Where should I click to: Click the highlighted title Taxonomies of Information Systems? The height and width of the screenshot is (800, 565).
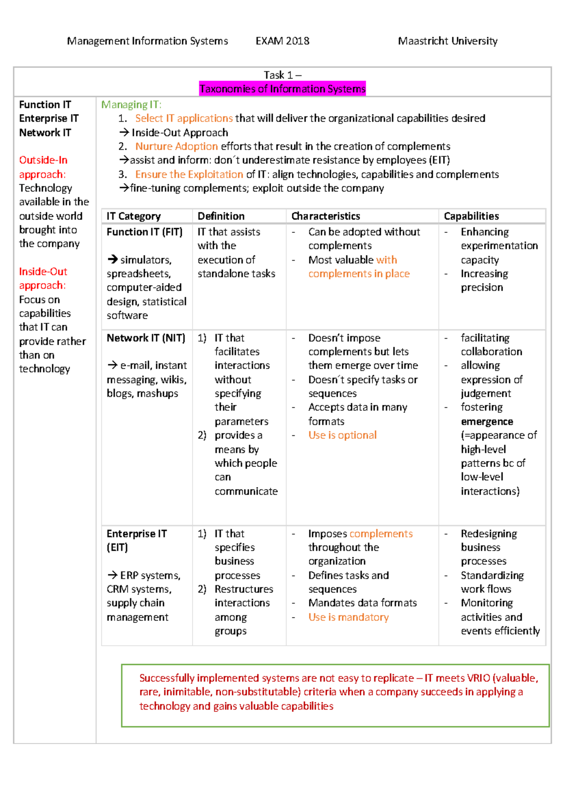tap(282, 89)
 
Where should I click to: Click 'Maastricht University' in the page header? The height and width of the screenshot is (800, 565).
tap(447, 41)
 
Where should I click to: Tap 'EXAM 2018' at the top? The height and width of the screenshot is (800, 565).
tap(282, 41)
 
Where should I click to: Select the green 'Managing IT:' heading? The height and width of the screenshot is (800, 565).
tap(131, 105)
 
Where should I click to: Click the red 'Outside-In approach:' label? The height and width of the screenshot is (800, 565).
tap(43, 167)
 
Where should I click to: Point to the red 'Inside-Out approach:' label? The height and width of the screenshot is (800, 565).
tap(43, 278)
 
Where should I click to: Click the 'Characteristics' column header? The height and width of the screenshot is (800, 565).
tap(325, 216)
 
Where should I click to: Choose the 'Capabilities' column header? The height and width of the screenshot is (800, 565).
tap(471, 216)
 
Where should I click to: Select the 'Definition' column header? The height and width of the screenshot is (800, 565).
tap(221, 216)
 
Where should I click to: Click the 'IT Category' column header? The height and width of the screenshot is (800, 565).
tap(133, 216)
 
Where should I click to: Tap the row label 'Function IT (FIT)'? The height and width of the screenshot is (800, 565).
tap(144, 232)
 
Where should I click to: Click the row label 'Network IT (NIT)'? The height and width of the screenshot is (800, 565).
tap(145, 338)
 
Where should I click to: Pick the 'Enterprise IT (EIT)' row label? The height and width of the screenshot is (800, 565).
tap(136, 540)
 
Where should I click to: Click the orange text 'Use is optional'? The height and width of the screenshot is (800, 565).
tap(342, 435)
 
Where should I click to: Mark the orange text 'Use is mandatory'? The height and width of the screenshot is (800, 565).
tap(348, 617)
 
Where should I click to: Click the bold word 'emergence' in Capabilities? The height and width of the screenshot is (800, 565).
tap(487, 422)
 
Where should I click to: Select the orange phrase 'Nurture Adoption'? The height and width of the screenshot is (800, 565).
tap(177, 147)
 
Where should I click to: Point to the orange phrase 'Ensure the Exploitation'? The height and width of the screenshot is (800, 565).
tap(189, 174)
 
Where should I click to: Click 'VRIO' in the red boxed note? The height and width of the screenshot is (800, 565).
tap(478, 678)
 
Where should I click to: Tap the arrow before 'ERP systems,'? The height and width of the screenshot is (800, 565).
tap(112, 575)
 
